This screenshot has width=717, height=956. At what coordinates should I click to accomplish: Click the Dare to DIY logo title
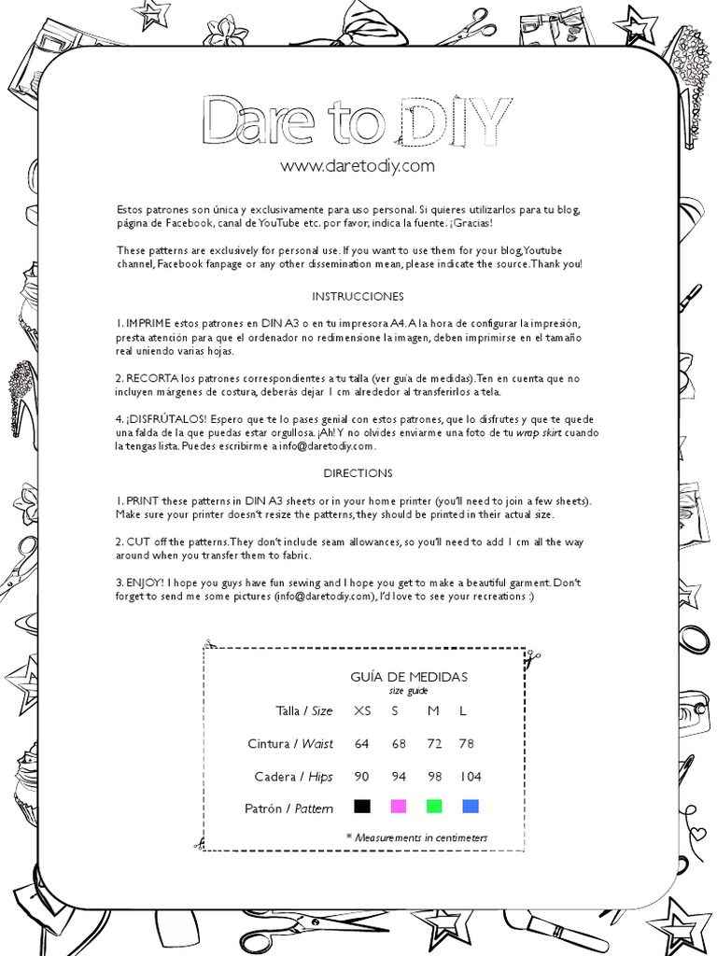pyautogui.click(x=358, y=119)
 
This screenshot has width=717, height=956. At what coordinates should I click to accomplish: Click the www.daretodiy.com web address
pyautogui.click(x=358, y=166)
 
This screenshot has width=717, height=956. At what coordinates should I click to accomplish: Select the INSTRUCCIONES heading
pyautogui.click(x=358, y=297)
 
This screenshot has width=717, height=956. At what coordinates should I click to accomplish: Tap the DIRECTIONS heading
pyautogui.click(x=358, y=473)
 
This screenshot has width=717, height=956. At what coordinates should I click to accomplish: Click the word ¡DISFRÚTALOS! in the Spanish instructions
pyautogui.click(x=160, y=419)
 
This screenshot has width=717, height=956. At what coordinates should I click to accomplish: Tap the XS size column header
pyautogui.click(x=362, y=711)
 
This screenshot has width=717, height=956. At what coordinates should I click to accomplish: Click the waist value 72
pyautogui.click(x=433, y=744)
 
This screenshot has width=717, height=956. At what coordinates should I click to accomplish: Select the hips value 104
pyautogui.click(x=470, y=777)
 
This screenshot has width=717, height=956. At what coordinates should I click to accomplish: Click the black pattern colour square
pyautogui.click(x=362, y=806)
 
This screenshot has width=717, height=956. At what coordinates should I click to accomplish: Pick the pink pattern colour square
pyautogui.click(x=399, y=806)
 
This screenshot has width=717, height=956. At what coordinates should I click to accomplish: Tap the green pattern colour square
pyautogui.click(x=433, y=806)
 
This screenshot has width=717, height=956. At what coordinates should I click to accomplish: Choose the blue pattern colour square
pyautogui.click(x=470, y=806)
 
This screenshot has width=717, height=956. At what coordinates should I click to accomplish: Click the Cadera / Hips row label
pyautogui.click(x=293, y=777)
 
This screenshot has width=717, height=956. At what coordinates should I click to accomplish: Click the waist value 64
pyautogui.click(x=362, y=744)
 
